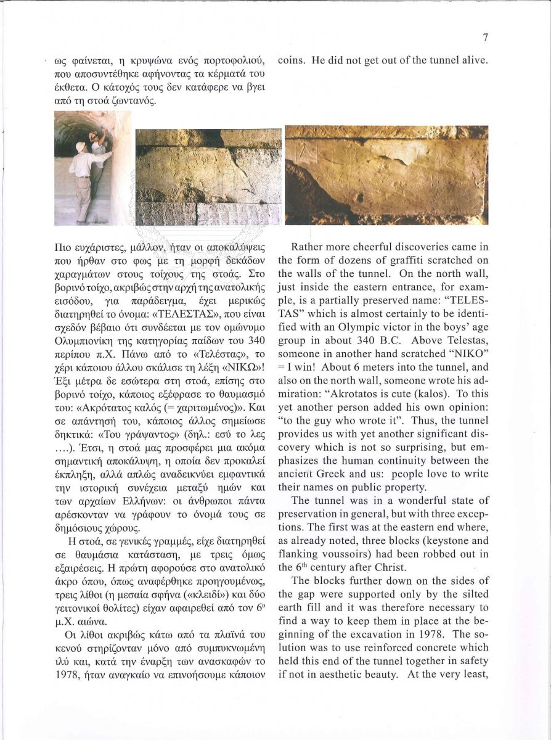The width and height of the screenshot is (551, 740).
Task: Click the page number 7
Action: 485,38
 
